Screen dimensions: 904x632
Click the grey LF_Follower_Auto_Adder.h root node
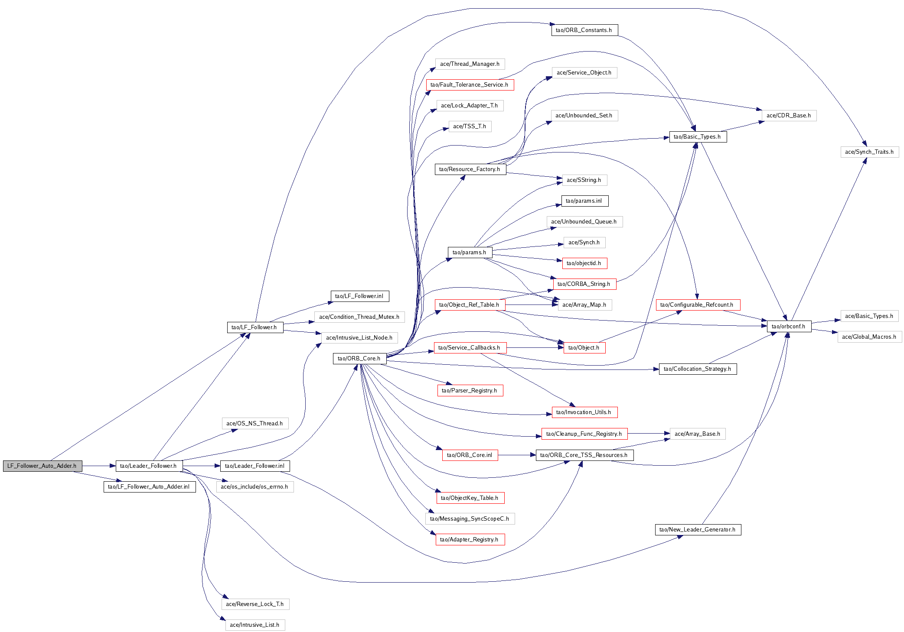pyautogui.click(x=42, y=466)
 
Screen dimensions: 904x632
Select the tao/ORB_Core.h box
pyautogui.click(x=359, y=358)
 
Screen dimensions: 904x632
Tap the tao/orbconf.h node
pyautogui.click(x=789, y=326)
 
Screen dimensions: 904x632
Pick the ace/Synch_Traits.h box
pyautogui.click(x=869, y=152)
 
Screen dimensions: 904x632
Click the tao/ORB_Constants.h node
pyautogui.click(x=584, y=30)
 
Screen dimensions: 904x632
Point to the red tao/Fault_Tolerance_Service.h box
pyautogui.click(x=470, y=84)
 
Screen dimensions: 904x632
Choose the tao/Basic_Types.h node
pyautogui.click(x=698, y=136)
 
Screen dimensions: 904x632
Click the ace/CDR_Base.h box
pyautogui.click(x=789, y=115)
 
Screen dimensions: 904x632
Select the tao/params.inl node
pyautogui.click(x=584, y=201)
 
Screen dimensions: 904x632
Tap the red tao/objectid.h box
pyautogui.click(x=584, y=263)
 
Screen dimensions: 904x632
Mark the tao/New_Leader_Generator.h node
pyautogui.click(x=698, y=529)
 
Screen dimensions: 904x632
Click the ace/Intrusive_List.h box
pyautogui.click(x=255, y=625)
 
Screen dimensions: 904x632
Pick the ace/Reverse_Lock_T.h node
pyautogui.click(x=255, y=604)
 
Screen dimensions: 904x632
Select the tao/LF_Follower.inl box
pyautogui.click(x=359, y=296)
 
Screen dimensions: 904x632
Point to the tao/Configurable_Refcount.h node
pyautogui.click(x=698, y=305)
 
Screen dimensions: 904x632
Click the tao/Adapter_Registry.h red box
pyautogui.click(x=470, y=539)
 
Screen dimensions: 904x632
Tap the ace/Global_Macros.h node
pyautogui.click(x=869, y=337)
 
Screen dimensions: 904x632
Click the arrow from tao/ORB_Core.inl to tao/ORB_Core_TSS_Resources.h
pyautogui.click(x=517, y=455)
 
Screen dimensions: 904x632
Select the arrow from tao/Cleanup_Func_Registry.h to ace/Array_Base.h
pyautogui.click(x=649, y=433)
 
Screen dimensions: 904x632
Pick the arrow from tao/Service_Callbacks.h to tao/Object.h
pyautogui.click(x=535, y=347)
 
